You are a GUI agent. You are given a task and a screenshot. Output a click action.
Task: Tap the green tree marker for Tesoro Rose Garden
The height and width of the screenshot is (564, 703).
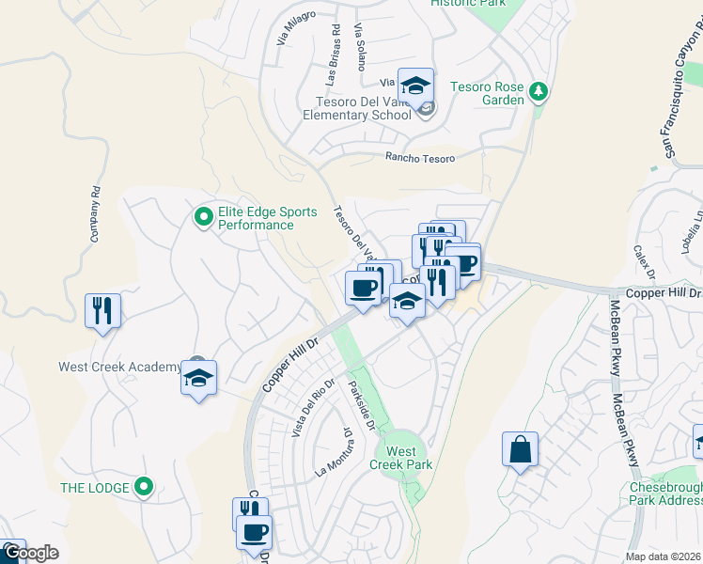538,91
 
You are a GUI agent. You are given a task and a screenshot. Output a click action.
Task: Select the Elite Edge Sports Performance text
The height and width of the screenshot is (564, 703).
267,219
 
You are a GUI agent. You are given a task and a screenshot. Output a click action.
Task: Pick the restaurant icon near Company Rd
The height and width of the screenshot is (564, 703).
103,310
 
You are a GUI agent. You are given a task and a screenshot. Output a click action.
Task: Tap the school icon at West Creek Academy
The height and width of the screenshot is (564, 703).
198,379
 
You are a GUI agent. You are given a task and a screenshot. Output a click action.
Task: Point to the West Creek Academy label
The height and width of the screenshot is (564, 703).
119,367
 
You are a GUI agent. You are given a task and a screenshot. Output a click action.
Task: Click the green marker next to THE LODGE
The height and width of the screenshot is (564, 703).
143,487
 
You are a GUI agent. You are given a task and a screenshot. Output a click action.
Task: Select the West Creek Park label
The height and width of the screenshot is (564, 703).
400,458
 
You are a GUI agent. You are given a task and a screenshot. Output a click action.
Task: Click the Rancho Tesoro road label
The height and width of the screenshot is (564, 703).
420,159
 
